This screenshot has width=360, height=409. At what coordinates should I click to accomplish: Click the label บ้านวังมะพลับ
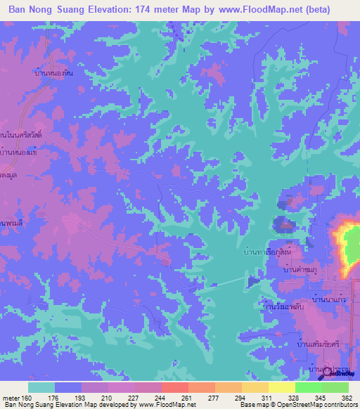click(x=282, y=307)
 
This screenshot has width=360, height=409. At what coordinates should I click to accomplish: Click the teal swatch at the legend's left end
click(x=41, y=387)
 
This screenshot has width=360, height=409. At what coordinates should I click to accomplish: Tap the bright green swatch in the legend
click(x=308, y=387)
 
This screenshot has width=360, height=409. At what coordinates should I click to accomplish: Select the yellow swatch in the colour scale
click(x=282, y=387)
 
